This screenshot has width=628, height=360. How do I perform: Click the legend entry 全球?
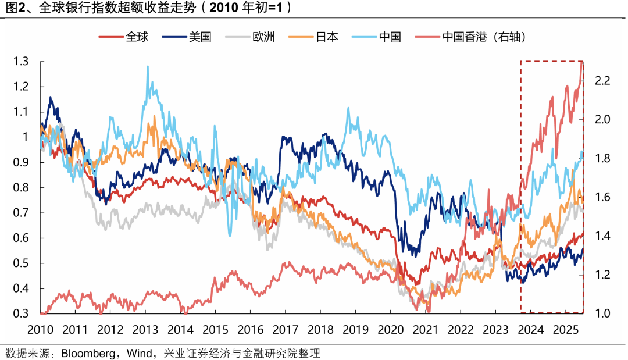[x=137, y=37]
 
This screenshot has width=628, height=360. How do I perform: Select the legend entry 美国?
[x=199, y=37]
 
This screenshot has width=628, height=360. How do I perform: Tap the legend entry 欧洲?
[x=263, y=37]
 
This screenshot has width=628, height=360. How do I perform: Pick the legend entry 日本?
[x=327, y=37]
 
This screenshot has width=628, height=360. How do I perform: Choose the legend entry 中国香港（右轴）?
[x=484, y=37]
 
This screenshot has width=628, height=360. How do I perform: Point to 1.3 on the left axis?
[x=22, y=61]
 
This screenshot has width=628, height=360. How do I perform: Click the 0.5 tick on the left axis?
[x=22, y=263]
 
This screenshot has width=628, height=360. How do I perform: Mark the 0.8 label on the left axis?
[x=22, y=188]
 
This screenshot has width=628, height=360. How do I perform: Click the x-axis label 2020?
[x=390, y=330]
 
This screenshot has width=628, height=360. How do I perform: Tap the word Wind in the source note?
[x=133, y=353]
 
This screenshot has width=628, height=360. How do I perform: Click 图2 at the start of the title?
[x=15, y=8]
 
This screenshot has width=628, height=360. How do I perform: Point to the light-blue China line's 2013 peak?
[x=148, y=67]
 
